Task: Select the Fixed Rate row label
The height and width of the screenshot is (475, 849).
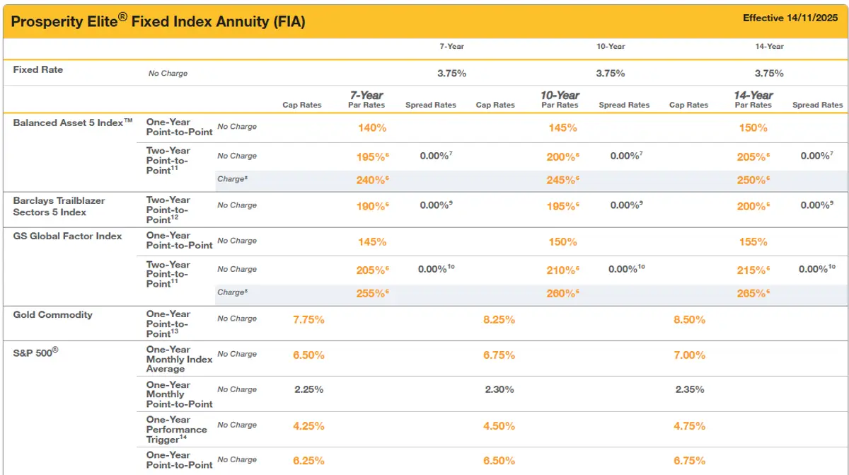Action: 38,69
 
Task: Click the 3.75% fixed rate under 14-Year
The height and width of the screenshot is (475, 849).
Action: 769,73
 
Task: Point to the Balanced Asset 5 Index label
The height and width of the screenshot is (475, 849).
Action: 73,122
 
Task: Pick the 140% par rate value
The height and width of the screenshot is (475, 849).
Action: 371,128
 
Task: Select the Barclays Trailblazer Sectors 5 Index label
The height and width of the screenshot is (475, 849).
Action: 59,206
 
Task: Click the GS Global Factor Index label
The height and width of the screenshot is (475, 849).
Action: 67,236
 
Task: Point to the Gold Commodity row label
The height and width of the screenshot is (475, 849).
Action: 53,314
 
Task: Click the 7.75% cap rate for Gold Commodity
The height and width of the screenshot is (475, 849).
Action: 308,319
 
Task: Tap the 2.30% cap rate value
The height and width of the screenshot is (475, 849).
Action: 499,389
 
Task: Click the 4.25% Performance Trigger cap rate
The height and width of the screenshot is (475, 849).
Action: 308,425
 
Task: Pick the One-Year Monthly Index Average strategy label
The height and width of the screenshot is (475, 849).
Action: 179,359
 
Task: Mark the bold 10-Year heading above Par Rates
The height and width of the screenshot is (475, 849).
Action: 560,96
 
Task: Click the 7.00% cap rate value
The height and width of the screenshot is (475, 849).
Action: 689,355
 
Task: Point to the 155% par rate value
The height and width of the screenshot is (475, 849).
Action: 753,241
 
